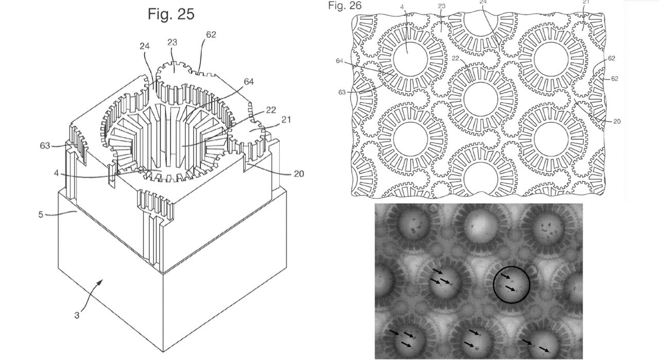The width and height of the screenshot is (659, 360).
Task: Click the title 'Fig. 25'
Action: [x=171, y=13]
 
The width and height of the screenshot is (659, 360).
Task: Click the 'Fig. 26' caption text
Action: [x=345, y=6]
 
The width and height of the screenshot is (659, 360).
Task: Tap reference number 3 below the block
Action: [x=76, y=315]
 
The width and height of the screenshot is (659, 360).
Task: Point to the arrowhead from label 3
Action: [x=103, y=281]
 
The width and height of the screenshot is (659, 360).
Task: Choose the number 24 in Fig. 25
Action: [x=144, y=46]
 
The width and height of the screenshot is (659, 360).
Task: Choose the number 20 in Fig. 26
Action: [x=616, y=122]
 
